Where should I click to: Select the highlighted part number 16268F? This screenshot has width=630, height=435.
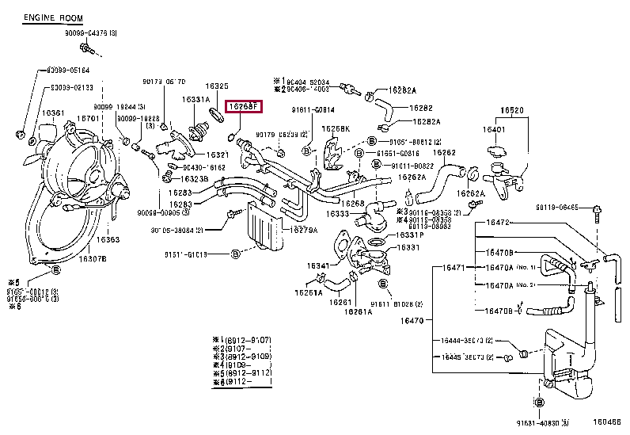(x=243, y=106)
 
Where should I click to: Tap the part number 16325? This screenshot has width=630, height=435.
(x=217, y=86)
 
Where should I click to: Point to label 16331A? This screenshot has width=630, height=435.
(x=196, y=99)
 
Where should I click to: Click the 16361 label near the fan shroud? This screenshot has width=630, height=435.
(x=54, y=113)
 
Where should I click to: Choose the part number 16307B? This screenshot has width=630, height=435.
(x=93, y=258)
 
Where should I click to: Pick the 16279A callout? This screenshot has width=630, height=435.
(x=283, y=230)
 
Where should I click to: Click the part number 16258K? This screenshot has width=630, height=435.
(x=336, y=128)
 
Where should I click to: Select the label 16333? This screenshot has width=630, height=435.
(x=336, y=214)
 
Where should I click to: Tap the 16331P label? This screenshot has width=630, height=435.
(x=410, y=235)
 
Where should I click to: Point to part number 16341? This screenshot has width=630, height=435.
(x=318, y=265)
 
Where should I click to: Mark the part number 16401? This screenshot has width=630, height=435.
(x=494, y=128)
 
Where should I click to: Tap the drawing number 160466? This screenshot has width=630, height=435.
(x=608, y=423)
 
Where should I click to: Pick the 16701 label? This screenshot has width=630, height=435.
(x=87, y=119)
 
